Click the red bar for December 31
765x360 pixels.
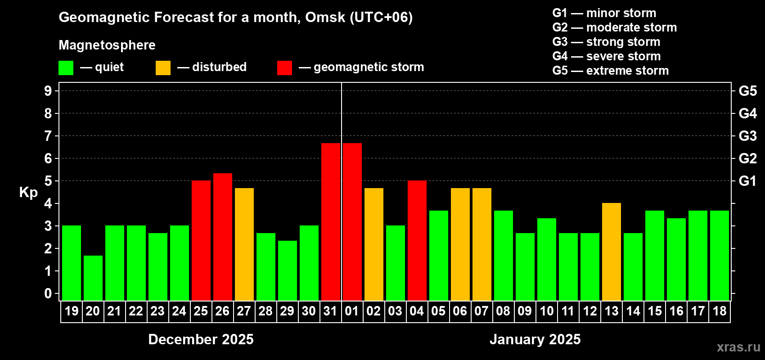click(331, 221)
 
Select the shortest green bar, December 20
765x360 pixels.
click(93, 278)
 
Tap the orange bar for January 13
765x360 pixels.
click(612, 252)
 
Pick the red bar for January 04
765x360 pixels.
click(417, 240)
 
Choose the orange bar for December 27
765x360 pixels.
click(244, 244)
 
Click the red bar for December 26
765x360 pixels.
click(223, 237)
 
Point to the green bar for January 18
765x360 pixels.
click(720, 255)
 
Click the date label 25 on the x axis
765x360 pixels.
click(201, 311)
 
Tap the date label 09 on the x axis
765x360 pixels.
click(525, 311)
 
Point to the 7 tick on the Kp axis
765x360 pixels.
click(48, 136)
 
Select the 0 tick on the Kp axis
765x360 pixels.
click(48, 293)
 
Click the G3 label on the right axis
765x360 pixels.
click(747, 136)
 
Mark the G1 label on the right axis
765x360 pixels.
click(747, 181)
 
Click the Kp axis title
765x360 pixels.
click(28, 192)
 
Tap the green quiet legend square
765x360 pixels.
click(66, 68)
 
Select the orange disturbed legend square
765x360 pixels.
click(163, 68)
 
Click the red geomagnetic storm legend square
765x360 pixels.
click(284, 68)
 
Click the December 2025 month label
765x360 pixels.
click(201, 339)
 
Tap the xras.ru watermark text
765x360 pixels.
click(738, 346)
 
